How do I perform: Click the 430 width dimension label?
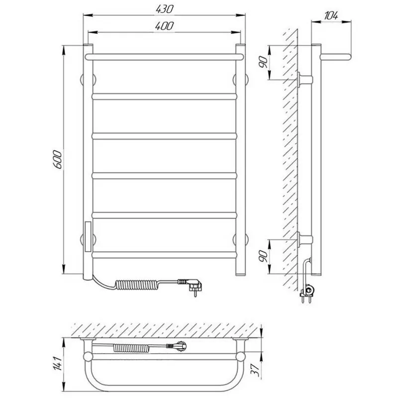click(x=165, y=9)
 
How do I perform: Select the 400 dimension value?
click(x=165, y=26)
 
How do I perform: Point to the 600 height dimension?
click(x=57, y=160)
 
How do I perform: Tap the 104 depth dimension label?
click(x=331, y=16)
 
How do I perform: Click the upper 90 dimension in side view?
click(x=264, y=62)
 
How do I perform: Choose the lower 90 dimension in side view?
click(x=264, y=256)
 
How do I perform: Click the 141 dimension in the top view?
click(x=58, y=363)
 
